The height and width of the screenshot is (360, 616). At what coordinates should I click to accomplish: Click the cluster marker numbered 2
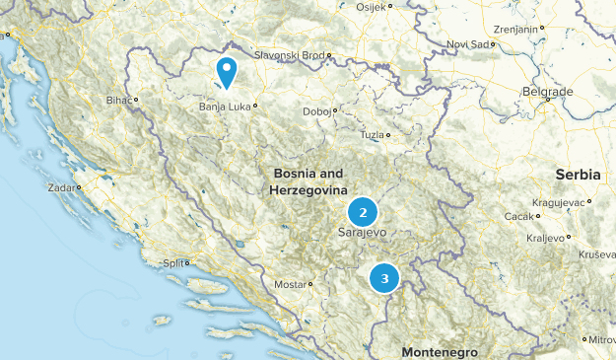pos(364,212)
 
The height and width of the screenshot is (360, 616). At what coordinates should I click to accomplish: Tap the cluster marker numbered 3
pos(384,279)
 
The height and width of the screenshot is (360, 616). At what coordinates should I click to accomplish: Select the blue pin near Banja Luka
pos(228,72)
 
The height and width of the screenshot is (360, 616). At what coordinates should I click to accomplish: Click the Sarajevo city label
pos(361,233)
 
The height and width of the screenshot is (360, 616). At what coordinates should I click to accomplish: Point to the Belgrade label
pos(547,92)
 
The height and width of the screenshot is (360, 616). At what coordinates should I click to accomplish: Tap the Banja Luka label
pos(225,106)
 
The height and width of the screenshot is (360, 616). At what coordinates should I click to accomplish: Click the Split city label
pos(173,263)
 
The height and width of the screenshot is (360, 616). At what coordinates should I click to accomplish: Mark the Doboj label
pos(317,111)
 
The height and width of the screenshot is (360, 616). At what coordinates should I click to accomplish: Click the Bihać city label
pos(118,100)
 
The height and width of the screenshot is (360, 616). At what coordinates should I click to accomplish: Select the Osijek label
pos(372,6)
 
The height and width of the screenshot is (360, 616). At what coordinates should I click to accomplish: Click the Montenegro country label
pos(440,352)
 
